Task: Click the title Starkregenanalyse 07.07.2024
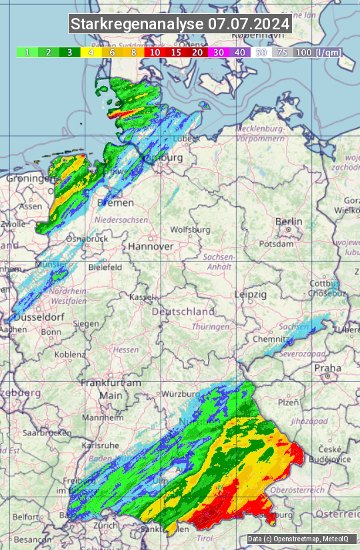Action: tap(180, 24)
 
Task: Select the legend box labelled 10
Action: tap(155, 52)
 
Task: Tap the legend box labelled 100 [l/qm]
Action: tap(317, 52)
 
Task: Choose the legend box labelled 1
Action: tap(27, 52)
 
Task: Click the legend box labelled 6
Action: tap(112, 52)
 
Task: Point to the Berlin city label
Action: tap(289, 222)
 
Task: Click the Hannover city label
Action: tap(151, 246)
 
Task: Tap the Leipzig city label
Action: tap(251, 294)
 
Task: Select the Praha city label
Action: tap(327, 367)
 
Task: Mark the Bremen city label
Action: tap(116, 202)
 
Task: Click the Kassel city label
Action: tap(142, 297)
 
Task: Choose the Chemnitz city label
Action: tap(270, 339)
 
